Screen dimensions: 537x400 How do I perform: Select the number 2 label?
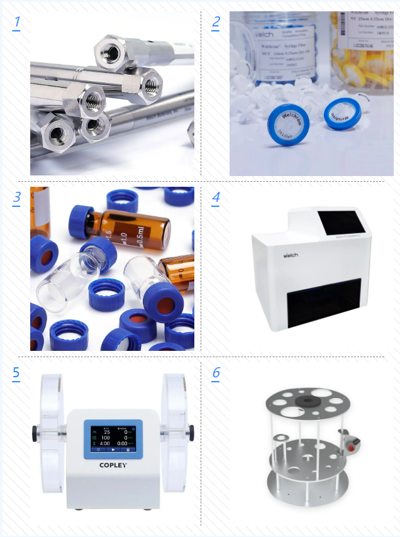(x=216, y=23)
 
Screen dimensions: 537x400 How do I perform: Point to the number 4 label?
(x=216, y=197)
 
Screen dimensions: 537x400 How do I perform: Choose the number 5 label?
(x=16, y=372)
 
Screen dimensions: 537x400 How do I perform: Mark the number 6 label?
(x=216, y=372)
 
